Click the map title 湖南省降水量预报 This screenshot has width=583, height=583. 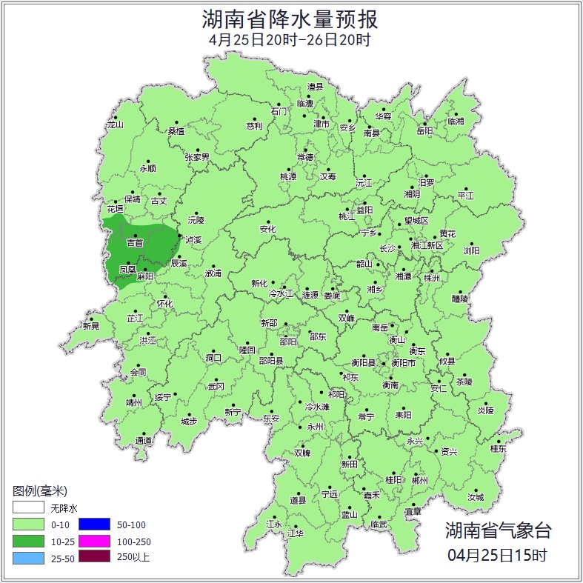tap(290, 19)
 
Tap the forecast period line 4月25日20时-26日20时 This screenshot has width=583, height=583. tap(290, 41)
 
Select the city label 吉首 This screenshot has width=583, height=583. tap(135, 243)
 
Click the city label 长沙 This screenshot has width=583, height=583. tap(387, 249)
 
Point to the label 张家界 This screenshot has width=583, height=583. tap(197, 157)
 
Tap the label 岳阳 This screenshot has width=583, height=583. tap(424, 131)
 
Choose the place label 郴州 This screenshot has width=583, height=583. tap(419, 479)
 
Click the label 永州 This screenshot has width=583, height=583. tap(316, 427)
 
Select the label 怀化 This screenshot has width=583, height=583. tap(164, 304)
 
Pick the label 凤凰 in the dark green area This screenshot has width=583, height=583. tap(127, 270)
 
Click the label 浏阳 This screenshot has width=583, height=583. tap(471, 251)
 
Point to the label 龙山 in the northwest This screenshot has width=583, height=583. tap(115, 124)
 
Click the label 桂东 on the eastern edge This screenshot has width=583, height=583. tap(498, 448)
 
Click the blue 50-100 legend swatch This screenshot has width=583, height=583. tap(93, 524)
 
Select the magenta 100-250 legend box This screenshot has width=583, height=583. tap(93, 541)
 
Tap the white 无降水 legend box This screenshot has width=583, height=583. tap(27, 508)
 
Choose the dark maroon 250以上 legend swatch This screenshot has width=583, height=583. tap(93, 557)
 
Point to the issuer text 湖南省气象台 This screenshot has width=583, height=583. tap(498, 530)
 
